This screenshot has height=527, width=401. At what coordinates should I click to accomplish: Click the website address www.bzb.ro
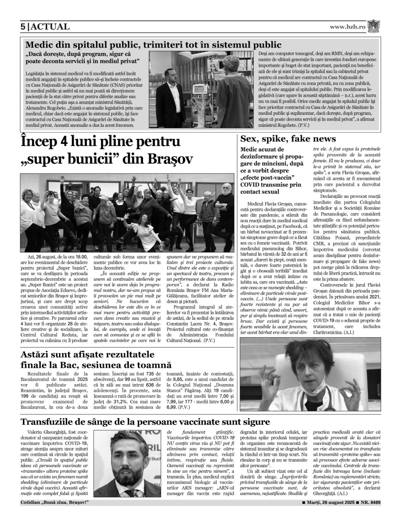tap(347, 27)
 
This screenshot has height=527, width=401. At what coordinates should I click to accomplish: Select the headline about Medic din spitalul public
tap(153, 45)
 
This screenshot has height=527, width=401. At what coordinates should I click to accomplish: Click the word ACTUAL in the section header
tap(50, 27)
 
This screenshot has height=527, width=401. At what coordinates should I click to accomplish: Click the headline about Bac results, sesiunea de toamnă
tap(96, 360)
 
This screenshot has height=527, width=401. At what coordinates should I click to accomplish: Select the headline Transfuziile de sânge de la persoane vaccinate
tap(145, 422)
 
